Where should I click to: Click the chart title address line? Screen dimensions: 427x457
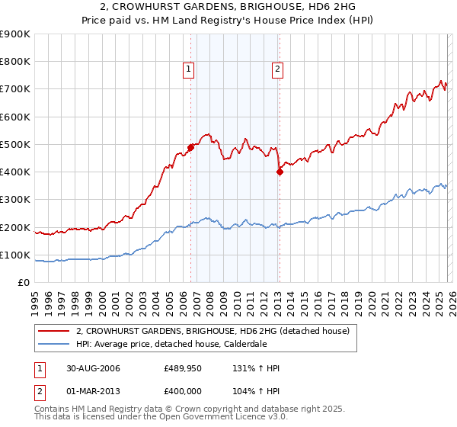click(228, 7)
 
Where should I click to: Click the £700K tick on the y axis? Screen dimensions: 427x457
click(15, 89)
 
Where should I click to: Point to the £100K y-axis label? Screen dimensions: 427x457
click(15, 255)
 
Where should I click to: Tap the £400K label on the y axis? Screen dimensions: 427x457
click(15, 172)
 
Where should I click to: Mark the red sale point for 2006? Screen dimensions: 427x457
click(191, 147)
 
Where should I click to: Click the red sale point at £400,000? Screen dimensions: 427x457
click(280, 172)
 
